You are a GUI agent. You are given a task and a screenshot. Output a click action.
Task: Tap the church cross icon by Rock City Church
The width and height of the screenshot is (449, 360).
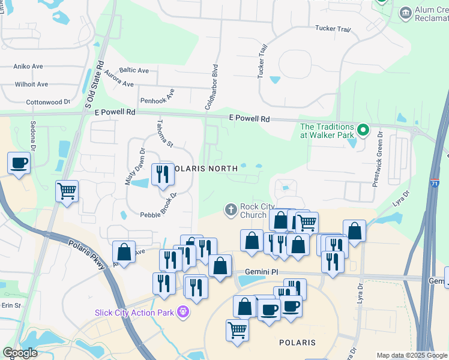(x=230, y=210)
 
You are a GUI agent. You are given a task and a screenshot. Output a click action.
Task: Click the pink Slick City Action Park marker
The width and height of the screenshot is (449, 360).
(x=182, y=312)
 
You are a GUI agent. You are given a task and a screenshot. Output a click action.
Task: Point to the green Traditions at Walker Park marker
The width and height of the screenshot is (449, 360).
(x=363, y=130)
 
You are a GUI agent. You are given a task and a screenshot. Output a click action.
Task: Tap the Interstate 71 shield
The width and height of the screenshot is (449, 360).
(x=433, y=187)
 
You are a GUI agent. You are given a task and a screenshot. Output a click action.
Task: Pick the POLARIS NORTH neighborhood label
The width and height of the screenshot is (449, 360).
(x=206, y=169)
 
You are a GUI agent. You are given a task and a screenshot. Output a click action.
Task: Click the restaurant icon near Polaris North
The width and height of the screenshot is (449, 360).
(x=162, y=175)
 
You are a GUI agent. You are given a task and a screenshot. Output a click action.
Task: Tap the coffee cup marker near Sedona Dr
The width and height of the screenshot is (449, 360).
(x=19, y=163)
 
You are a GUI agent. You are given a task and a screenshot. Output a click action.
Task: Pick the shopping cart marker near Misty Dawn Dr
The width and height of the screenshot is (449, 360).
(x=67, y=191)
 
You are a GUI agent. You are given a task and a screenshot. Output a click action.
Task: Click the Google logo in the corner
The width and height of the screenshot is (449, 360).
(x=20, y=353)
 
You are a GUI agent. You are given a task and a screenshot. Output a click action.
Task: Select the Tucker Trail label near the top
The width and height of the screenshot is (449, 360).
(x=333, y=29)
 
